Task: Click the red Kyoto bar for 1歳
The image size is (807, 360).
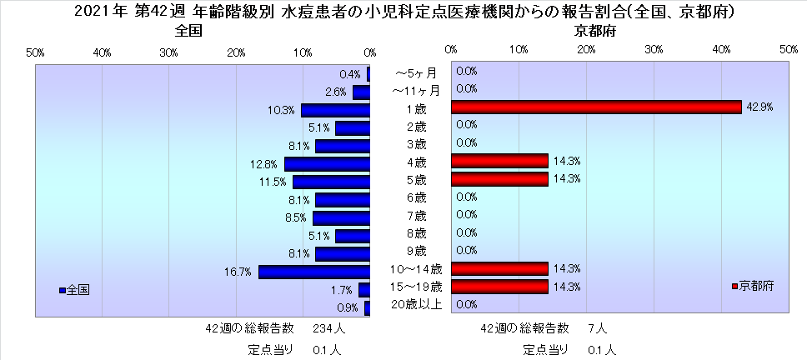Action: click(x=595, y=107)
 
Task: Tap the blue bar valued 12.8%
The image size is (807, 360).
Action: click(x=327, y=164)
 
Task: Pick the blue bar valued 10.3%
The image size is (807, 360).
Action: click(x=335, y=110)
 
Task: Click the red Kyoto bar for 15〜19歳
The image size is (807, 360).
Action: click(x=499, y=287)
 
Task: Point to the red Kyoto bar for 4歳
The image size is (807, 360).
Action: click(x=499, y=161)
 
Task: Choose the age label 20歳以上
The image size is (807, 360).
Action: click(x=416, y=305)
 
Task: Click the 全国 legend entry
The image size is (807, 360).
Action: click(x=77, y=290)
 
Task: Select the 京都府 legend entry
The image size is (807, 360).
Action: click(x=756, y=286)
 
